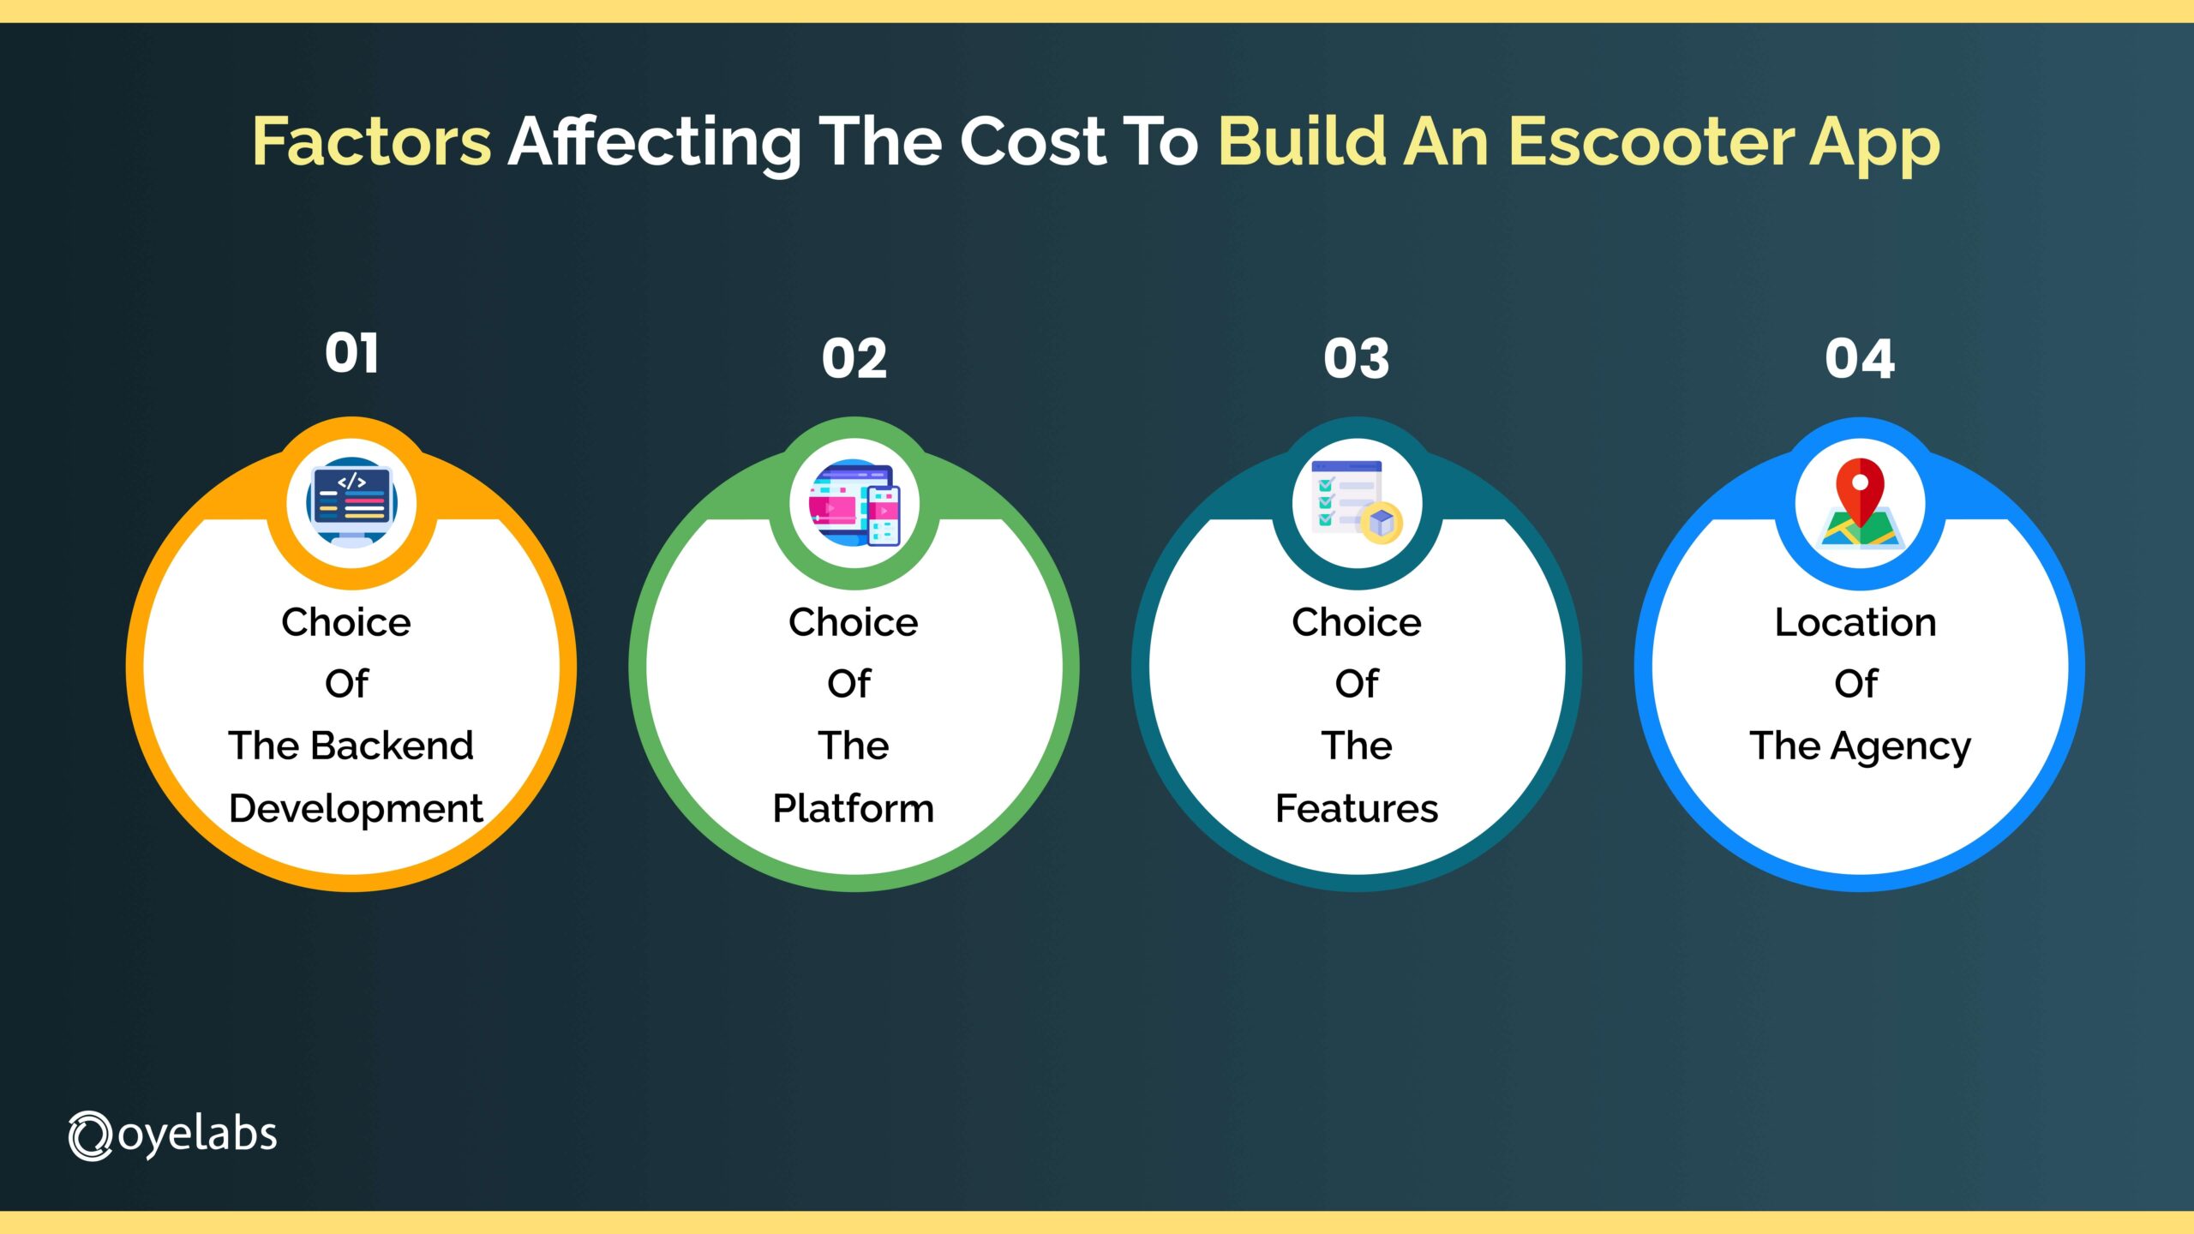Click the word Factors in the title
(371, 141)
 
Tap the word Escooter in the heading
(1651, 141)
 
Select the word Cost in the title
(1032, 141)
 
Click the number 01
(351, 353)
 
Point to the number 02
(854, 358)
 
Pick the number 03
(1356, 358)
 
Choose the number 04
(1859, 358)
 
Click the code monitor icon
(351, 504)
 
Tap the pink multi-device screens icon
(854, 504)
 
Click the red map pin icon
(1860, 506)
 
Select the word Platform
(853, 808)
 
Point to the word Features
(1357, 808)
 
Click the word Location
(1855, 622)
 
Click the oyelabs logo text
(197, 1135)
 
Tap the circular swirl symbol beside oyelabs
(90, 1136)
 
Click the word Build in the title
(1302, 141)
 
